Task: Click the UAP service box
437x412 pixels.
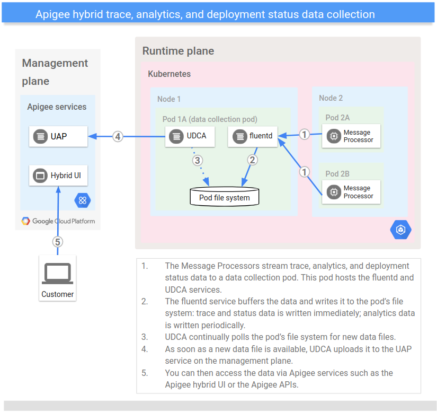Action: [x=58, y=136]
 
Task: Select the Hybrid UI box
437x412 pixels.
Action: [x=58, y=176]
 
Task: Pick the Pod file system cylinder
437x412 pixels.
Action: [x=225, y=197]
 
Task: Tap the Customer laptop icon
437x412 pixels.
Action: [x=58, y=274]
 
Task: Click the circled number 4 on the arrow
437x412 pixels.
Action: [x=118, y=137]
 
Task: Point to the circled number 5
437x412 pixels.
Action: [x=58, y=242]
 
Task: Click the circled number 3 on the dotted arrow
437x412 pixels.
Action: [x=197, y=160]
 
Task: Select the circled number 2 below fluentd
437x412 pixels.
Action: [x=253, y=160]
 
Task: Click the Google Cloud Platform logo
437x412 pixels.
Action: [x=58, y=221]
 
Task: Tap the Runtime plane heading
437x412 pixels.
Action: [x=178, y=51]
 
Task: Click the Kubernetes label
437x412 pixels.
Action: [x=169, y=74]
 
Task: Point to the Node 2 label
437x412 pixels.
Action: [x=331, y=98]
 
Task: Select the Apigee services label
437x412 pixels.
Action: [x=57, y=107]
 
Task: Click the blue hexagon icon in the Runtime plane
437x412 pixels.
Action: [x=400, y=230]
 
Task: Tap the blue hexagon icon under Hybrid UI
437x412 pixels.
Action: [x=83, y=200]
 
